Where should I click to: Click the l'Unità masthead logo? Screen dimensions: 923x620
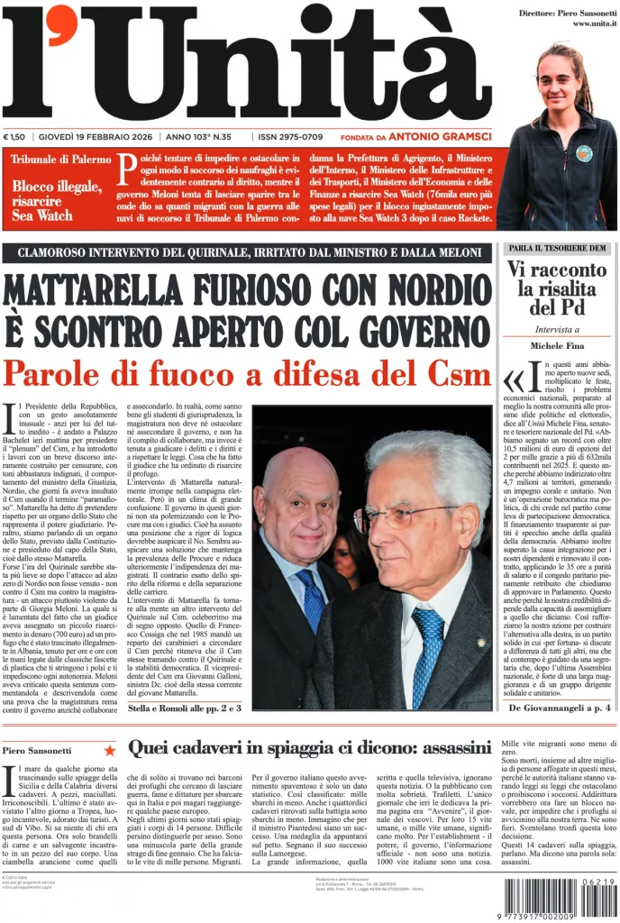(248, 63)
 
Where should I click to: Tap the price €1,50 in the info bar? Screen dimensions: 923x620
(14, 137)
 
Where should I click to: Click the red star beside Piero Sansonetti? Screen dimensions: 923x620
(109, 749)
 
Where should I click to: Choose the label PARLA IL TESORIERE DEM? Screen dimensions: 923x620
(558, 248)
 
